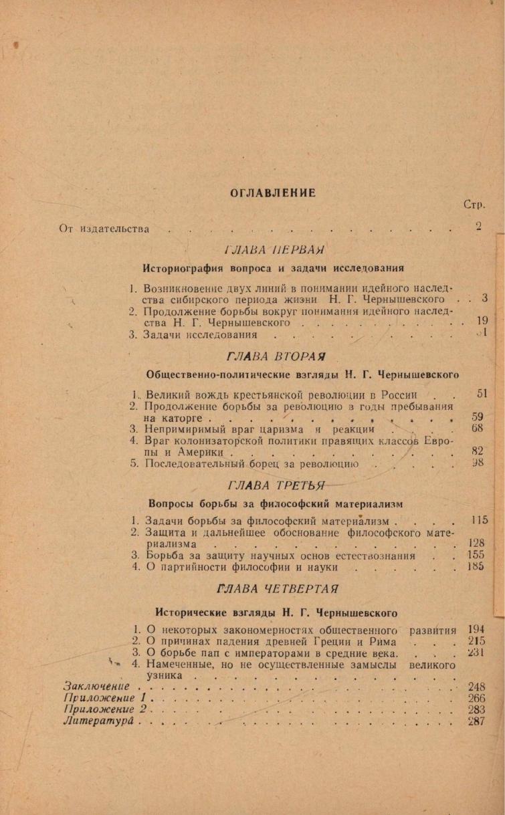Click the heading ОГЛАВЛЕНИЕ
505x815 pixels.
point(272,193)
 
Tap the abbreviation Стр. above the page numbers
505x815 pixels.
point(473,205)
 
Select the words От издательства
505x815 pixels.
point(104,229)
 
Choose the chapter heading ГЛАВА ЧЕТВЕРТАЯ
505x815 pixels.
point(277,589)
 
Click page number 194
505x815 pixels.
point(476,630)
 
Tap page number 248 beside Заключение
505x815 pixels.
point(476,687)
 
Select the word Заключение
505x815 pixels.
point(96,687)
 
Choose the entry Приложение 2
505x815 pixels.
point(104,709)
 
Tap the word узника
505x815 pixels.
point(164,676)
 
